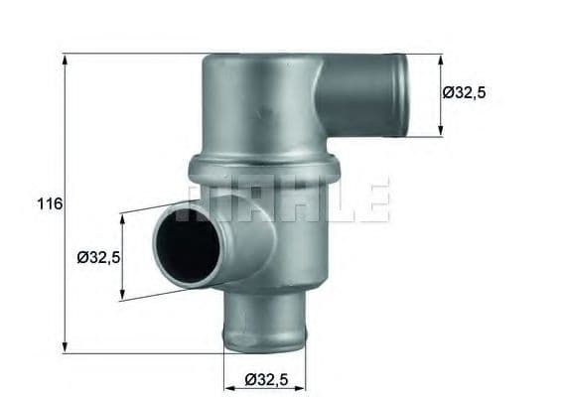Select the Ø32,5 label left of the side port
point(98,258)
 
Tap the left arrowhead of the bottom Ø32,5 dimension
point(225,364)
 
